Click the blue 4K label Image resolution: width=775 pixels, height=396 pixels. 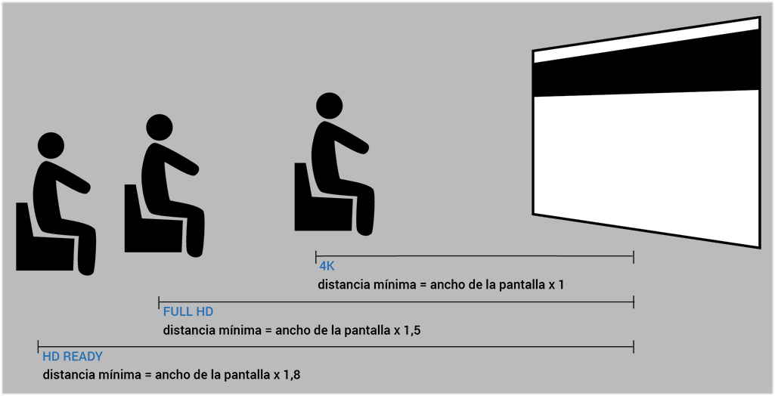click(327, 266)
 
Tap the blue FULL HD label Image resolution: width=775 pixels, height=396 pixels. click(188, 311)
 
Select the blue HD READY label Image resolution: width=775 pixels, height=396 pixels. click(73, 357)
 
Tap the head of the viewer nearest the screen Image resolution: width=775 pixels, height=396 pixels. click(329, 106)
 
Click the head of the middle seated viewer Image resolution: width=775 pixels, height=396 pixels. click(159, 128)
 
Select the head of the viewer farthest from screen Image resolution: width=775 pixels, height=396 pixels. click(51, 146)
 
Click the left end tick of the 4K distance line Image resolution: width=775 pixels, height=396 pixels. click(316, 256)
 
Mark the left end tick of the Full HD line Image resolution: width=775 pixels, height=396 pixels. click(159, 302)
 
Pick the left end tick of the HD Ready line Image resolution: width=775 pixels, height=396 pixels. click(38, 347)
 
